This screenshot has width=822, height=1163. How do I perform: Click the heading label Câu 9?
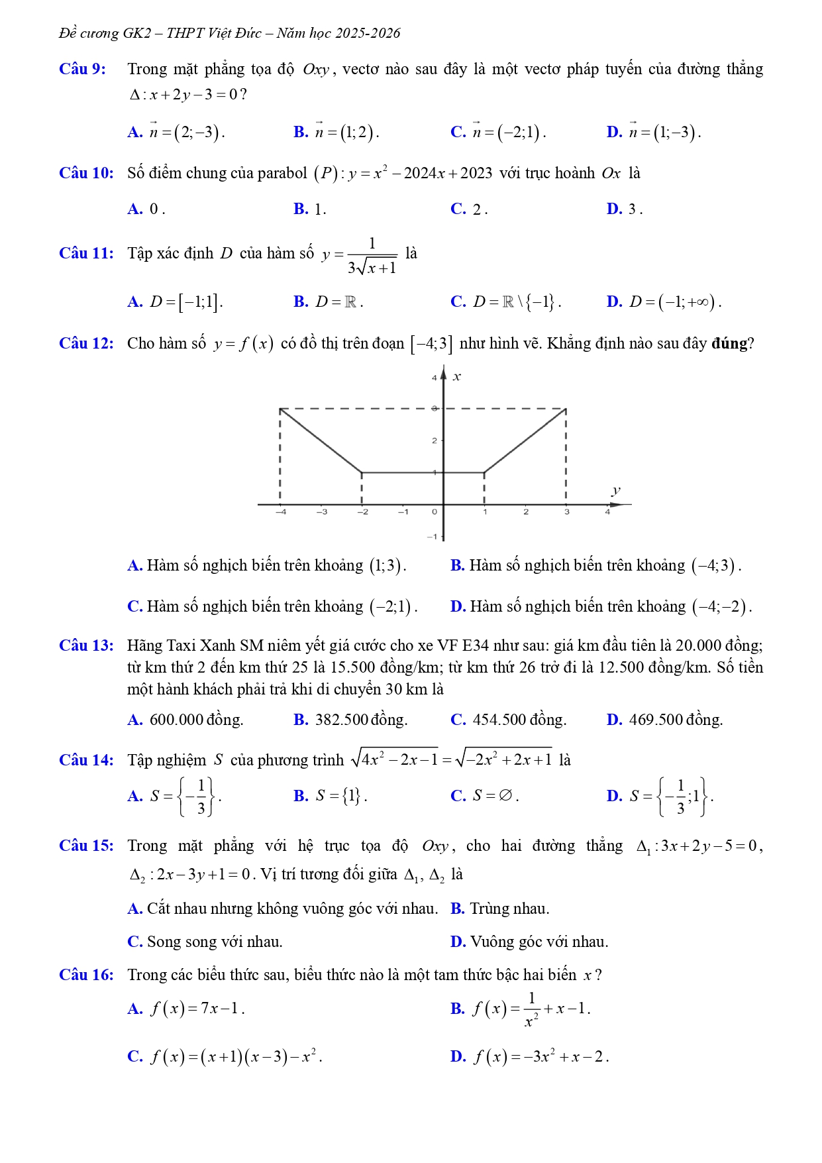[82, 69]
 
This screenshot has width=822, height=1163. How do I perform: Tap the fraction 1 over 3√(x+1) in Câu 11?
[372, 255]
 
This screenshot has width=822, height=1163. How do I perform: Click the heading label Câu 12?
[86, 343]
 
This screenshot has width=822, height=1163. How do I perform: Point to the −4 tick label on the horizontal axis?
[281, 512]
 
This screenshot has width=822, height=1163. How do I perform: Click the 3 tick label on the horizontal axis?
[566, 512]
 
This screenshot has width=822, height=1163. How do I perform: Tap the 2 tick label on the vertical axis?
[435, 441]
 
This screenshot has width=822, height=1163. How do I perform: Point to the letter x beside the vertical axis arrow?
[456, 377]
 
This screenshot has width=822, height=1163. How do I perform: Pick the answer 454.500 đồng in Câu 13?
[508, 720]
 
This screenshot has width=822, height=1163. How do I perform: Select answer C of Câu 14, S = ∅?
[484, 796]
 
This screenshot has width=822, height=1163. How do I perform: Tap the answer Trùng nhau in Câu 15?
[500, 909]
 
